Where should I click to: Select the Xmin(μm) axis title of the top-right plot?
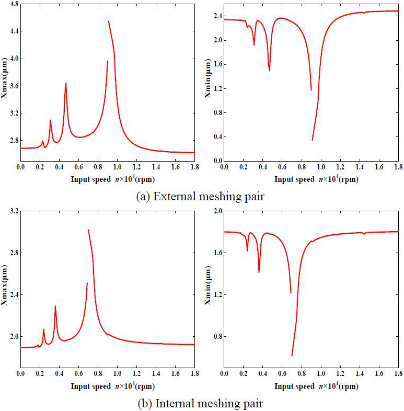208,82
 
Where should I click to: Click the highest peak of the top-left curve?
109,21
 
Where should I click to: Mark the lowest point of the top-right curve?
313,140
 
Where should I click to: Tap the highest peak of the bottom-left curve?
88,230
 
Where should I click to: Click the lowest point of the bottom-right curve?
292,356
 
